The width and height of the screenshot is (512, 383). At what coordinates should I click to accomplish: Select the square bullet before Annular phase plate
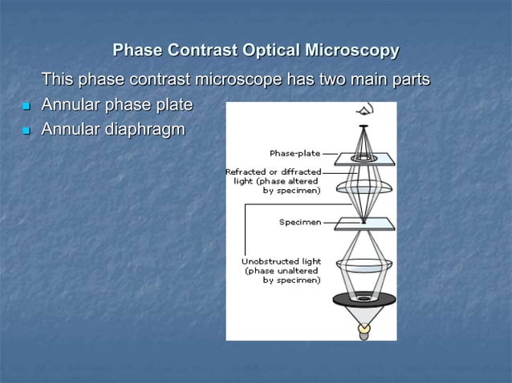pyautogui.click(x=25, y=106)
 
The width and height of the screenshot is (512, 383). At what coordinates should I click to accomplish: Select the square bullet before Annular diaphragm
pyautogui.click(x=25, y=130)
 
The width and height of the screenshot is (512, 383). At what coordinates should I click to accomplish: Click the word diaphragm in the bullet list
pyautogui.click(x=142, y=129)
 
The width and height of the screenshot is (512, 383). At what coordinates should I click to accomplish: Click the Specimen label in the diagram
pyautogui.click(x=299, y=222)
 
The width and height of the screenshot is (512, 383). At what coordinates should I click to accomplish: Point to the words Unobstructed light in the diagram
pyautogui.click(x=282, y=261)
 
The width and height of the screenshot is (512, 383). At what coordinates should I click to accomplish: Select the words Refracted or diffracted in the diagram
pyautogui.click(x=274, y=171)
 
